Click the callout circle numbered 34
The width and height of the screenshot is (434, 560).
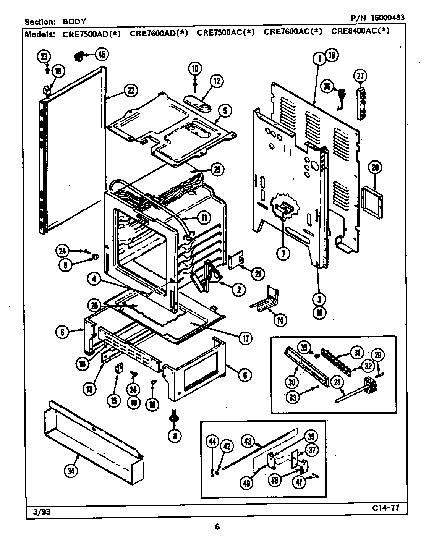pyautogui.click(x=71, y=471)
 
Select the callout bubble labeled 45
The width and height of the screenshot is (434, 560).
pyautogui.click(x=101, y=54)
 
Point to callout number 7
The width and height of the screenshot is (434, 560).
pyautogui.click(x=283, y=253)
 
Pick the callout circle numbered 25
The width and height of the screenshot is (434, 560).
pyautogui.click(x=217, y=170)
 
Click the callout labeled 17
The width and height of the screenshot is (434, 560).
pyautogui.click(x=245, y=337)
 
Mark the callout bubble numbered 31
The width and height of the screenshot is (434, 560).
pyautogui.click(x=357, y=352)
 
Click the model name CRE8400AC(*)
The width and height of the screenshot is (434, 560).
pyautogui.click(x=360, y=31)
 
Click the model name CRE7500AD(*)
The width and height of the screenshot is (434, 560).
pyautogui.click(x=91, y=34)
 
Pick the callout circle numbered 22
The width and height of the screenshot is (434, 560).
pyautogui.click(x=131, y=91)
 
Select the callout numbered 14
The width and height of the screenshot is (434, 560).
pyautogui.click(x=280, y=320)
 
